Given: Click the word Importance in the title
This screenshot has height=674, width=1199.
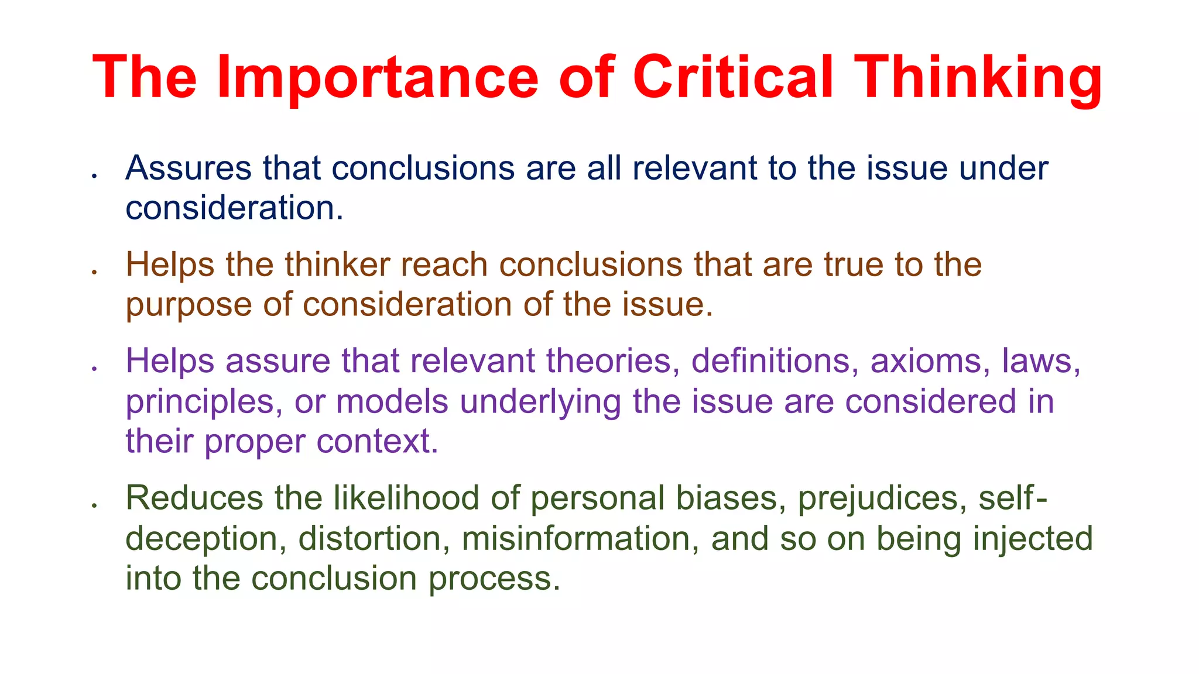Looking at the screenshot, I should pyautogui.click(x=377, y=78).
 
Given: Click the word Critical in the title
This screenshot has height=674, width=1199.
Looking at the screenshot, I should pyautogui.click(x=732, y=78).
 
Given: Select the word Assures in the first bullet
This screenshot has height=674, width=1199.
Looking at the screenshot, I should pyautogui.click(x=189, y=168).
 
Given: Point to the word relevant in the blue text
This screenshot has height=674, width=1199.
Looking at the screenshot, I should pyautogui.click(x=694, y=168).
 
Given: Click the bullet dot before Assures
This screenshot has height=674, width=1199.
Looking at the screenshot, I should pyautogui.click(x=94, y=175).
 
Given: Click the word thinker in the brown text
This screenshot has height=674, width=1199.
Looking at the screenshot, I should pyautogui.click(x=337, y=265).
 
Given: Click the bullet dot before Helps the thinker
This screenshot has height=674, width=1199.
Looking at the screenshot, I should pyautogui.click(x=94, y=271).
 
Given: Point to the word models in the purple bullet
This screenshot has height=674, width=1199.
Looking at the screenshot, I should pyautogui.click(x=392, y=402).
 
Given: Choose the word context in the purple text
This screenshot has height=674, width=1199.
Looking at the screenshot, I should pyautogui.click(x=377, y=441).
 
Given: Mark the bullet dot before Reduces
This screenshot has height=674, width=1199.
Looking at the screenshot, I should pyautogui.click(x=94, y=505).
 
